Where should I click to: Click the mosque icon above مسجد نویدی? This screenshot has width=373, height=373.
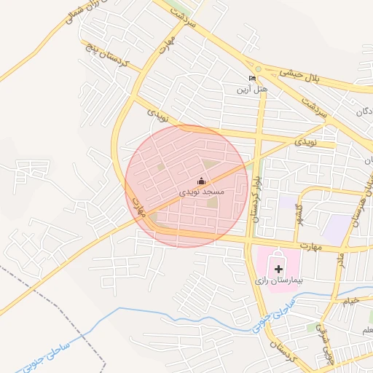coord(202,181)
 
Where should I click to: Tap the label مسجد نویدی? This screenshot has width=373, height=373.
coord(202,192)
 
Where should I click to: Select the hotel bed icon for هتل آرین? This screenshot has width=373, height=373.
coord(252,79)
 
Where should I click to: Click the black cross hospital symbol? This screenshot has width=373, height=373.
coord(278,269)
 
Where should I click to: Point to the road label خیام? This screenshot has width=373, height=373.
coord(351,299)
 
